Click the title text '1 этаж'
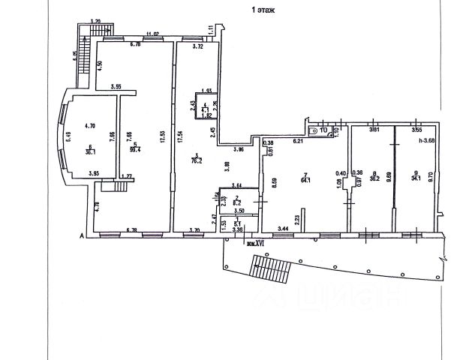[x=262, y=10]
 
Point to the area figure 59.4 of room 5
[x=135, y=149]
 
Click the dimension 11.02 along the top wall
[x=152, y=34]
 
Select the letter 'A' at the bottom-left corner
[x=81, y=235]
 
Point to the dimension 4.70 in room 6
[x=91, y=125]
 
